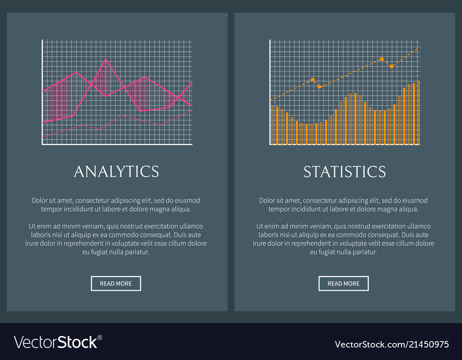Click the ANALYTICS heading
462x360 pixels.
(116, 172)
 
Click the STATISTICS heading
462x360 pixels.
(345, 172)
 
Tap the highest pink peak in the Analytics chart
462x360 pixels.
(106, 59)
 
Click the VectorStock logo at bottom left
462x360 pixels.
(55, 342)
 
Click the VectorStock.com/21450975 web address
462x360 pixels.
(391, 344)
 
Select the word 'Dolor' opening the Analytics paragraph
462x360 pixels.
(40, 200)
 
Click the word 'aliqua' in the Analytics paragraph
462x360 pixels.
(181, 209)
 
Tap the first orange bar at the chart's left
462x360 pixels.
(272, 125)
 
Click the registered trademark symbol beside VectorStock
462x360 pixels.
(99, 337)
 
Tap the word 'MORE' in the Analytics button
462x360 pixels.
(124, 283)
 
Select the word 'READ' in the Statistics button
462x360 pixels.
(335, 283)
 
